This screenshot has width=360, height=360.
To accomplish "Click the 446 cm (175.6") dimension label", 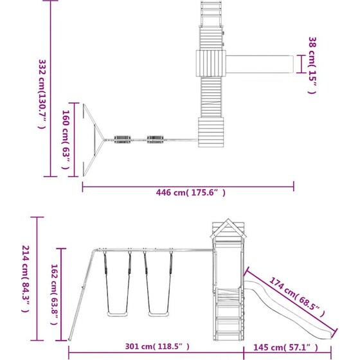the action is [190, 192].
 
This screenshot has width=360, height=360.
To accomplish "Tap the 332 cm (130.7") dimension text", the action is [42, 94].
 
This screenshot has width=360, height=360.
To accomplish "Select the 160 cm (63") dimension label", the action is [66, 139].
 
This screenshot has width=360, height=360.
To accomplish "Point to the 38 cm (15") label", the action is [312, 66].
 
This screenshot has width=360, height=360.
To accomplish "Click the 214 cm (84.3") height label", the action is [26, 279].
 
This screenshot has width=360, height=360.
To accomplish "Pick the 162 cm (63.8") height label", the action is [54, 294].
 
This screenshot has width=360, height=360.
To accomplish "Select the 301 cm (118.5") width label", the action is [157, 346].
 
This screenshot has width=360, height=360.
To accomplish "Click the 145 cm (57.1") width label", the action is [285, 347].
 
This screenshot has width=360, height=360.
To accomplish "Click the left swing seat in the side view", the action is [117, 314].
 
